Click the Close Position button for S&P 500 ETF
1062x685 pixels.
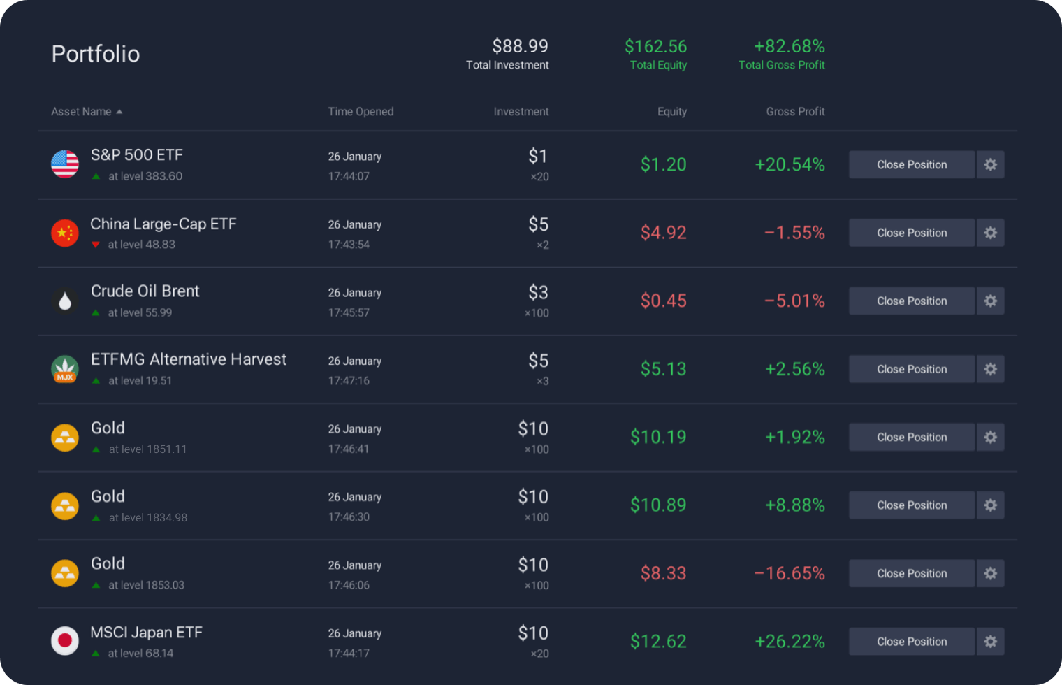pos(911,165)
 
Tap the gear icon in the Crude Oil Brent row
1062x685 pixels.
pos(990,301)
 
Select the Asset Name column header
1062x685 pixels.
pos(82,112)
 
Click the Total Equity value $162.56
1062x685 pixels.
pos(655,47)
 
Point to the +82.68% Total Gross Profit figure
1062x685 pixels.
pos(789,47)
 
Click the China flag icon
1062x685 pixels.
pos(65,233)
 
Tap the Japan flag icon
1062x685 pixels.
pos(65,641)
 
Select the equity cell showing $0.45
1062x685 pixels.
pos(663,301)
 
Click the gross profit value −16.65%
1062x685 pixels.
pos(790,574)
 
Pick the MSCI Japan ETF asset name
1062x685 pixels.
pos(146,633)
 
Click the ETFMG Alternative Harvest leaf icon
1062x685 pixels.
pos(65,369)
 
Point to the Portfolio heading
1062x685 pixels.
pos(96,54)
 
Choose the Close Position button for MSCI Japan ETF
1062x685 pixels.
pos(911,642)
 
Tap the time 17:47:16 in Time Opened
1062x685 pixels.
pos(349,381)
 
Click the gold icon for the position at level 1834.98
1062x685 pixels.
pos(65,505)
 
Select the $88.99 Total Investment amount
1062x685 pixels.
pos(520,47)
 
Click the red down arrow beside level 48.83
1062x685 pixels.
pos(96,245)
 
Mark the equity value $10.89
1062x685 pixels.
pos(657,505)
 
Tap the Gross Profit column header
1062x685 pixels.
pos(795,112)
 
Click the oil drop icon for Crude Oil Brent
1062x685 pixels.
pos(65,301)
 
